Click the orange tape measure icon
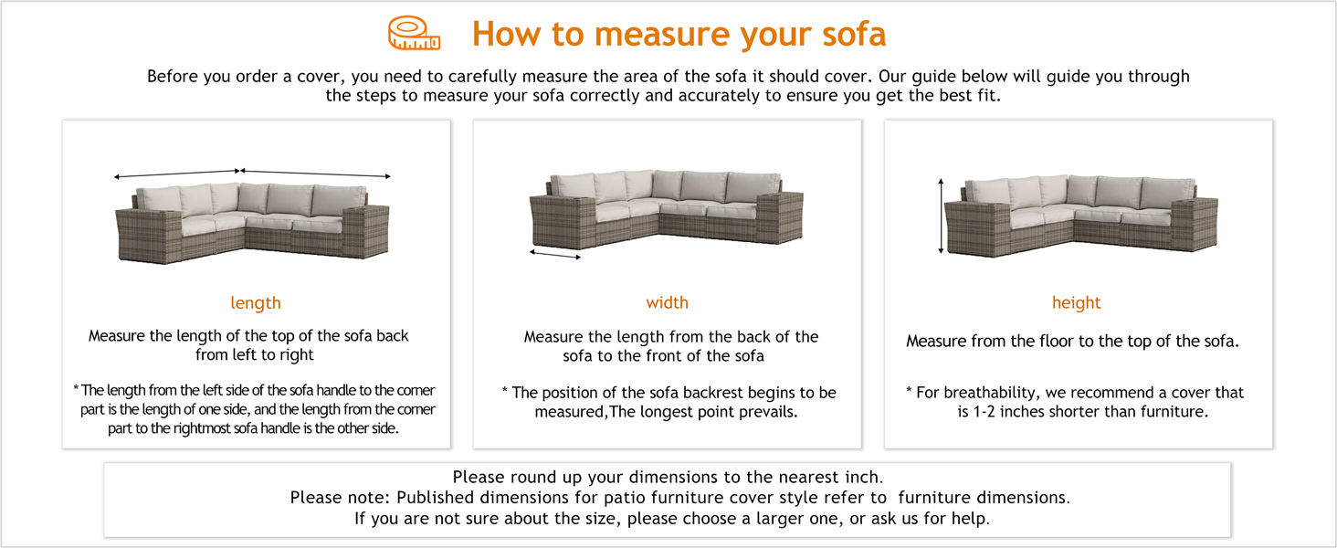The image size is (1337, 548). click(x=414, y=34)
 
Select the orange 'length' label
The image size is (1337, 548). click(x=256, y=303)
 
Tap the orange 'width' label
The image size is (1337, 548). click(x=667, y=303)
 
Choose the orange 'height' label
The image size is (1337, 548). click(x=1076, y=303)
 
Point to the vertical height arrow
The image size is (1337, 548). click(x=941, y=216)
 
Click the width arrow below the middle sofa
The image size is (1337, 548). click(x=555, y=256)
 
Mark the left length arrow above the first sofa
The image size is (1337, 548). click(x=176, y=174)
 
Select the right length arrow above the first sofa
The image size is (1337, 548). click(x=315, y=173)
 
